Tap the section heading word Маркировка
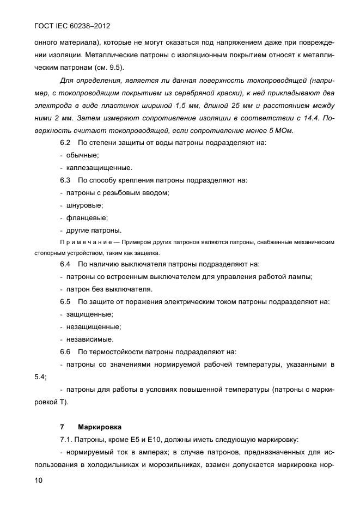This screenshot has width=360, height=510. point(100,427)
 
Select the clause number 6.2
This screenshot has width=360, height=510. point(65,143)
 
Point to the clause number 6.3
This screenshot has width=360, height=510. point(65,180)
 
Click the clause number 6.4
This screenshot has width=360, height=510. point(65,264)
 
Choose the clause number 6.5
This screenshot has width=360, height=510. point(65,301)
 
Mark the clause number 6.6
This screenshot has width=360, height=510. point(65,351)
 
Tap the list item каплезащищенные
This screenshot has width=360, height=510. point(99,168)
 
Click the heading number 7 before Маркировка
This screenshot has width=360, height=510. point(62,427)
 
